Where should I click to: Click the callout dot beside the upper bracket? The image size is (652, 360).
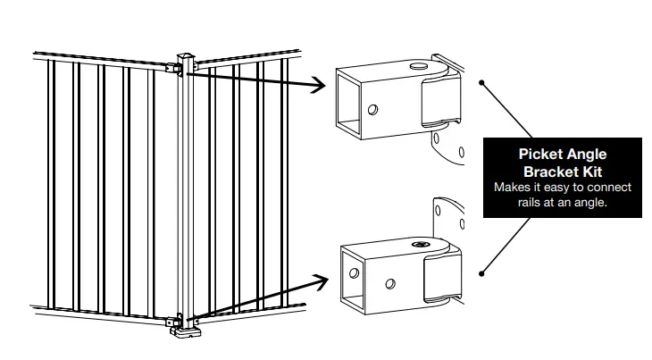[482, 83]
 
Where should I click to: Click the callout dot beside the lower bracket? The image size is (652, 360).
[482, 273]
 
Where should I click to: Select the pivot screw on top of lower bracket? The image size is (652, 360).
[419, 243]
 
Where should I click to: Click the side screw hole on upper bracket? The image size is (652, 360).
[372, 110]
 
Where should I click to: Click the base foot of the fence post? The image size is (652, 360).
[187, 334]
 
